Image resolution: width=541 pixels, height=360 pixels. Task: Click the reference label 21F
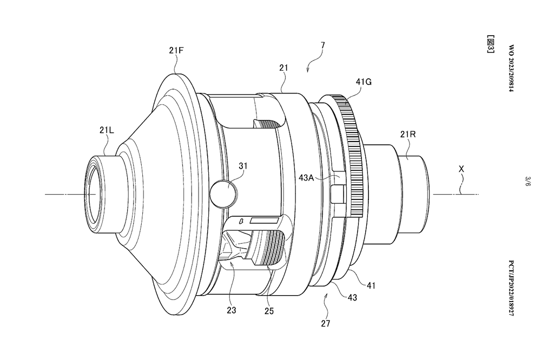[177, 50]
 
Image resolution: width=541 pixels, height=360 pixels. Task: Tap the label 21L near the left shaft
[106, 130]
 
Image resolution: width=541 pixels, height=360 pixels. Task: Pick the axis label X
[461, 169]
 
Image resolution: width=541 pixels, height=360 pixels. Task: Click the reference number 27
[325, 324]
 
